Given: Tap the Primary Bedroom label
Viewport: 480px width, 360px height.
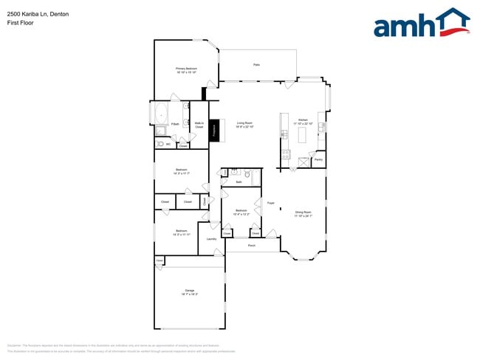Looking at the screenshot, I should tap(186, 70).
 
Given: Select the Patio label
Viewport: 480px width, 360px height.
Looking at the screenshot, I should tap(256, 65).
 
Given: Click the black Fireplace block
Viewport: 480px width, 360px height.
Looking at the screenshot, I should tap(214, 130).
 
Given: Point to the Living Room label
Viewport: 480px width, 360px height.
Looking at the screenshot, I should tap(244, 125).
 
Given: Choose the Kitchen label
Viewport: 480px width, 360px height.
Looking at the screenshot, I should tap(303, 121).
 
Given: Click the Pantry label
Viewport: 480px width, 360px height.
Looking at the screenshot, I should tap(318, 159).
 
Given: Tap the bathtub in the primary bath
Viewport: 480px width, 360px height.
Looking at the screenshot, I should tap(161, 114).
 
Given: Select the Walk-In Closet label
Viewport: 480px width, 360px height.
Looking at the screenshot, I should tap(199, 125).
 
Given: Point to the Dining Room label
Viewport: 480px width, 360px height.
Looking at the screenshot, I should tap(304, 214).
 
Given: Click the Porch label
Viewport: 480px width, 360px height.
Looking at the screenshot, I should tap(252, 245).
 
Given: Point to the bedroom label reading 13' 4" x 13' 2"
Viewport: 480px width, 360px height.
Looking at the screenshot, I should tap(241, 212).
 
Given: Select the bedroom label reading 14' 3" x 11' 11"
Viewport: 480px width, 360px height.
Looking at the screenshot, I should tap(182, 232).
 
